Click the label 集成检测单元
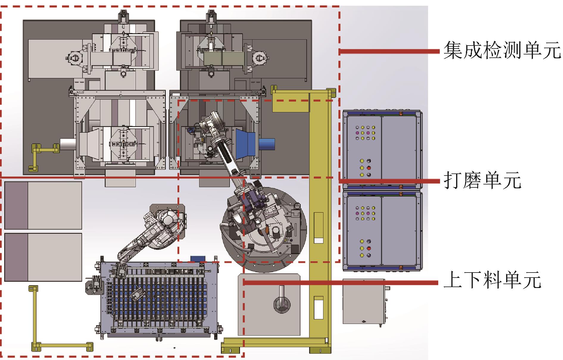502,51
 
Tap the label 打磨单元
482,180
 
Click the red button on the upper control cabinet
369,168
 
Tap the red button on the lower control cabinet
369,248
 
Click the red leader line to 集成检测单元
390,51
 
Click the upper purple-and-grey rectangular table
43,206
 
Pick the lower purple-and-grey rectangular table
43,257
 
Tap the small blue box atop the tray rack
196,259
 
